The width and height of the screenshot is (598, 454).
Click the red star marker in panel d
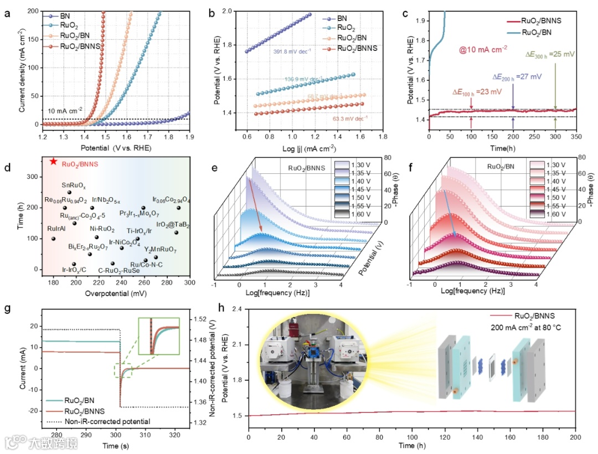[53, 161]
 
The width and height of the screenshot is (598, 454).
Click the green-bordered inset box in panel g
[159, 336]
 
